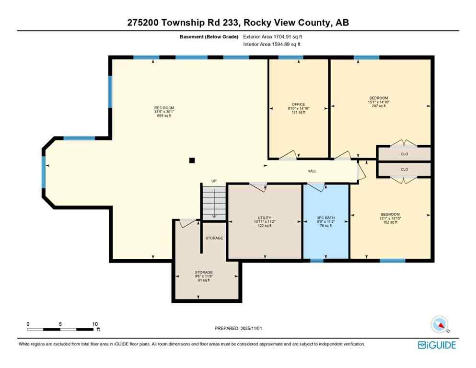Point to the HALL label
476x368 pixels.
(312, 171)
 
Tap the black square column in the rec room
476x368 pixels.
(192, 161)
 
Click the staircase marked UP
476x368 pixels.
(214, 201)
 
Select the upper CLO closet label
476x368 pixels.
(404, 154)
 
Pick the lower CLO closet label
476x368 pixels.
(404, 169)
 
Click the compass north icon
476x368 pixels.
(440, 325)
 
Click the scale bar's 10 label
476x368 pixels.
(94, 324)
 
